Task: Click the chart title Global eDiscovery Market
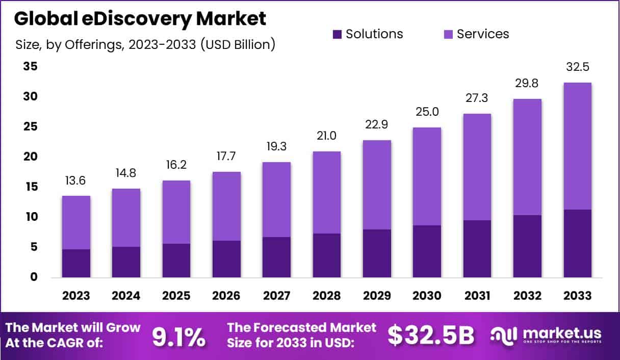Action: click(140, 19)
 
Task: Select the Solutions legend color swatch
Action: click(338, 34)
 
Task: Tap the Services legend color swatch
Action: click(449, 34)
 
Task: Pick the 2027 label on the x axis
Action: click(276, 296)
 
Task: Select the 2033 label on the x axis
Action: click(578, 296)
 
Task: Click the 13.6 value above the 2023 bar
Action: click(76, 181)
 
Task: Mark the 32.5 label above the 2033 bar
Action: click(578, 67)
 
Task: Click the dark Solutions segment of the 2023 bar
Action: click(76, 263)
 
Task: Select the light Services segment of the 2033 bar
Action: click(578, 146)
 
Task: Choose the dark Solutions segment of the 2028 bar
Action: click(327, 255)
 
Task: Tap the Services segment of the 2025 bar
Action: click(176, 212)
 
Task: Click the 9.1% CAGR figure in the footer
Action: click(179, 336)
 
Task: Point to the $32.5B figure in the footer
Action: click(431, 336)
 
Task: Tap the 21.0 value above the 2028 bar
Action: click(327, 136)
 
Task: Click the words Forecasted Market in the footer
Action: click(302, 327)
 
